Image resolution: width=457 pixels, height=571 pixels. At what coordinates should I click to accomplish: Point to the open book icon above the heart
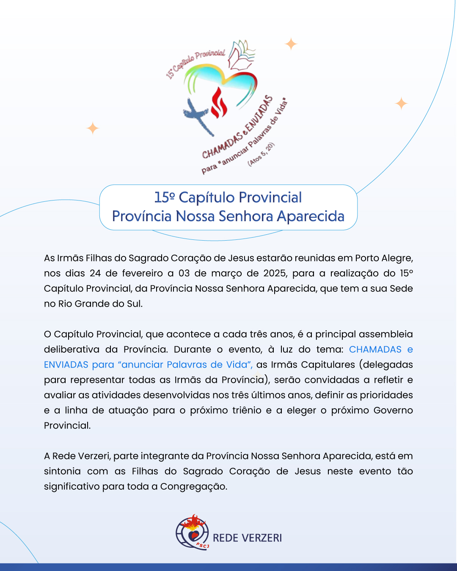[241, 55]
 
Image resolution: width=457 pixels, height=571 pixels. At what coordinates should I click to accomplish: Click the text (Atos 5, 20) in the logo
[261, 154]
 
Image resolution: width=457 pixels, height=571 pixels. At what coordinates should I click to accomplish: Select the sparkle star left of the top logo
[93, 128]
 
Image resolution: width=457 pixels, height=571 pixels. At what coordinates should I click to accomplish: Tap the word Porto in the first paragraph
[367, 258]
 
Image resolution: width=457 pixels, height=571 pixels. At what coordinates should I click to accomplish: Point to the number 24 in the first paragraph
[95, 273]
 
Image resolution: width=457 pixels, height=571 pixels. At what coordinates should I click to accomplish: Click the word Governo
[393, 410]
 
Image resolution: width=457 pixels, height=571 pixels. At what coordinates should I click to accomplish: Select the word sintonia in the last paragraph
[62, 471]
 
